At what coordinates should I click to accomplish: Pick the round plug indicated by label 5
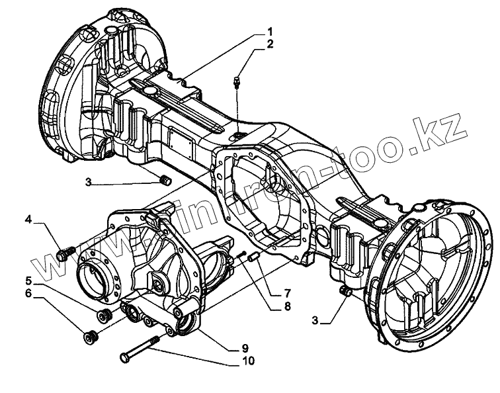coord(103,314)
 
